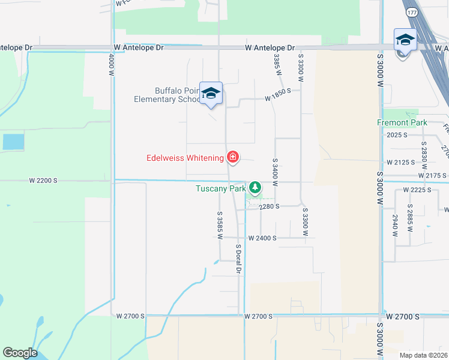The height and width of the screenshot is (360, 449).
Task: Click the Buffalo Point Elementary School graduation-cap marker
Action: coord(211,93)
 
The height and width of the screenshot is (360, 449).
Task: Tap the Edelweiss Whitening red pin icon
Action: coord(232,158)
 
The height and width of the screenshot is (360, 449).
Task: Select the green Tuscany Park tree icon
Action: coord(256,188)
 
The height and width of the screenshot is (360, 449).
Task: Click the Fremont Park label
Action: coord(402,122)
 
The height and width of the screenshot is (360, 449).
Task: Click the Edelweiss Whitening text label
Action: coord(184,158)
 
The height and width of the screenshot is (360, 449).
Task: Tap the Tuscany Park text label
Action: coord(220,188)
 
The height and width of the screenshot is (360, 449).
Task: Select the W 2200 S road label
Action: coord(43,180)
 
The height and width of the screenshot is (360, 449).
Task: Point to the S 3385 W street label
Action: coord(277,64)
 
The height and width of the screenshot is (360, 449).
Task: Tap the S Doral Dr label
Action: coord(238,259)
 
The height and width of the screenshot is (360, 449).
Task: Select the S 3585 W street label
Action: coord(220,225)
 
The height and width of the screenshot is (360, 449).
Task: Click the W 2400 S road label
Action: coord(262,238)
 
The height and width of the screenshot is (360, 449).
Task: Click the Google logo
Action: coord(20,353)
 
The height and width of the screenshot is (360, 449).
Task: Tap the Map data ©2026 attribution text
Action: coord(424,355)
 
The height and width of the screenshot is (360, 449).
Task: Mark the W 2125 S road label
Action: coord(401,163)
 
